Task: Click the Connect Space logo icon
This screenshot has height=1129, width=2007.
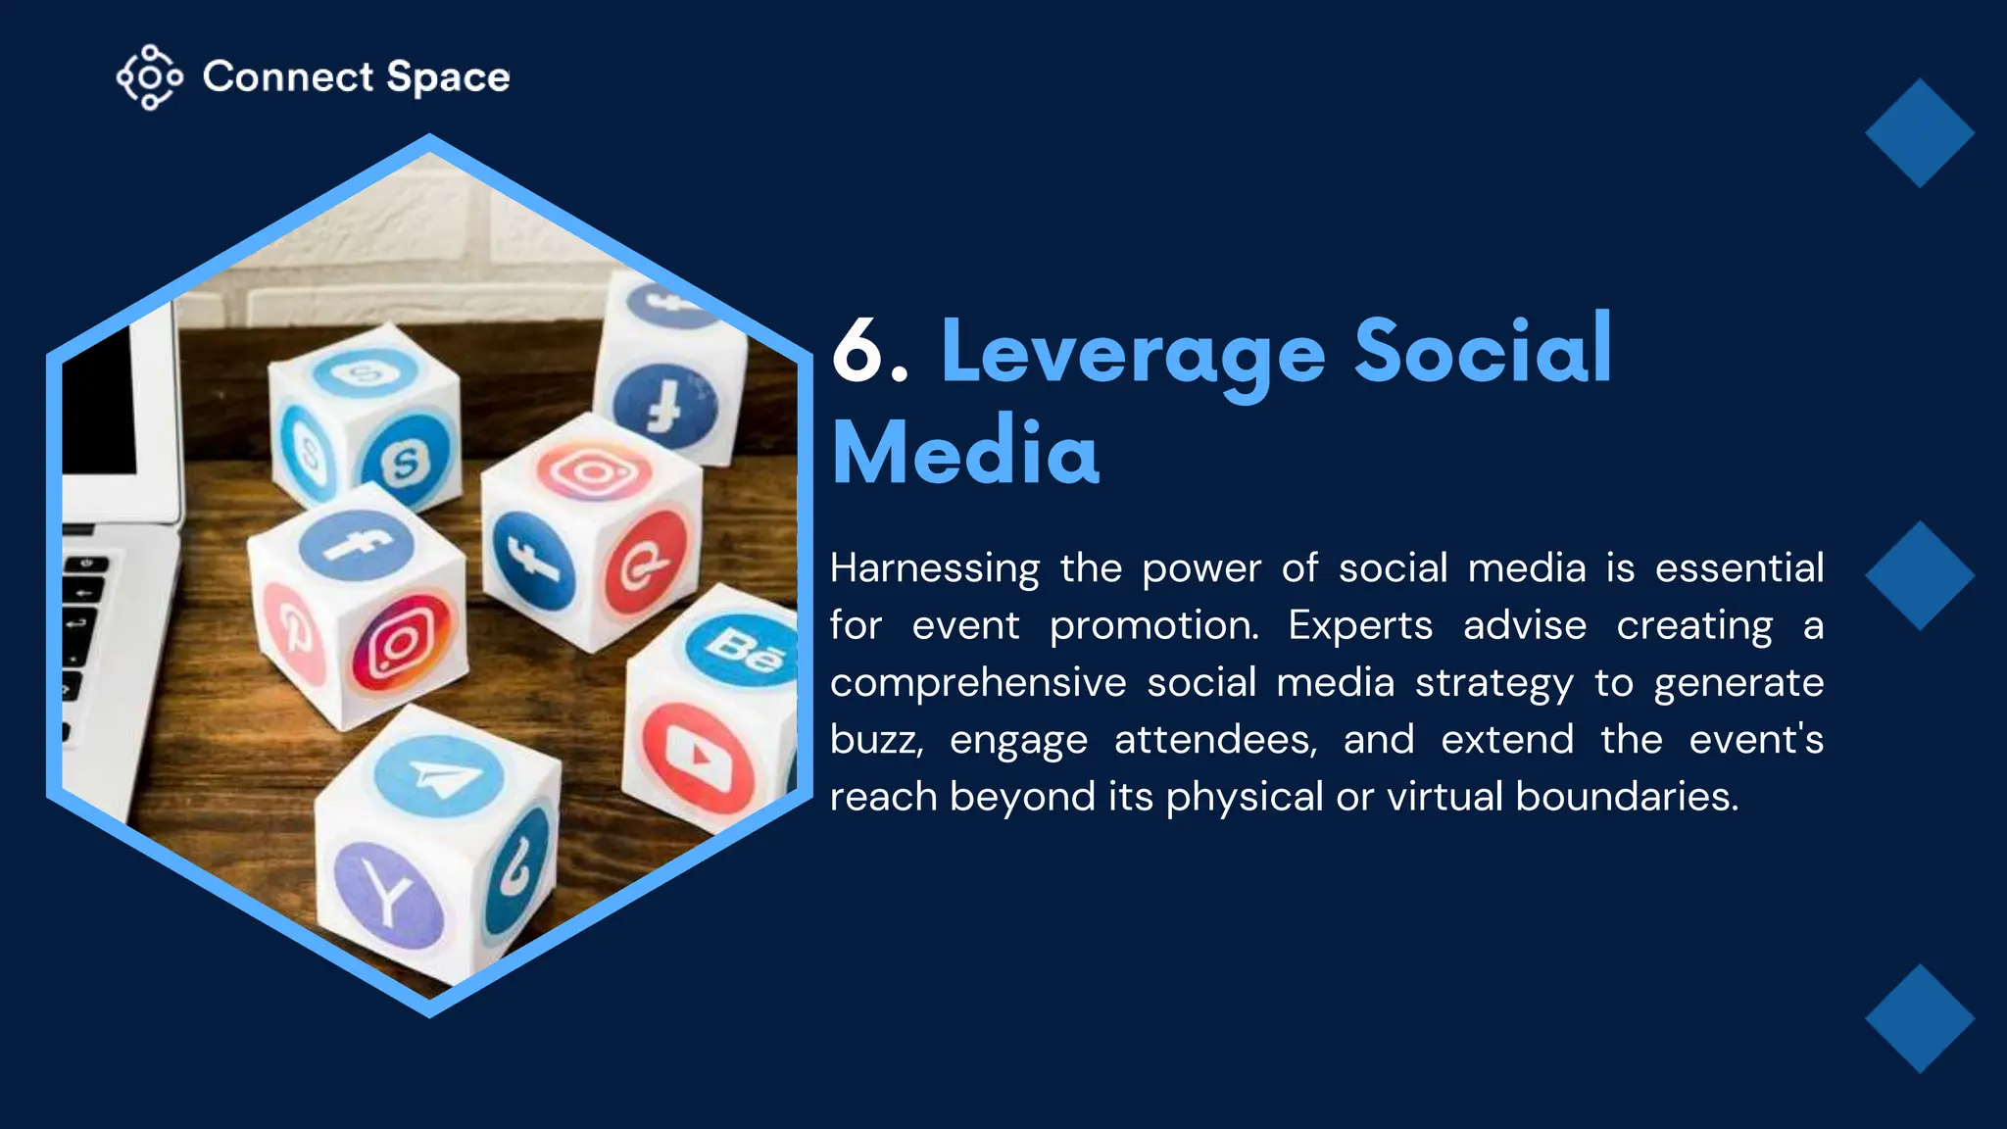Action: [x=149, y=76]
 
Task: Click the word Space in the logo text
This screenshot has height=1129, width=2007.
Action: [x=448, y=77]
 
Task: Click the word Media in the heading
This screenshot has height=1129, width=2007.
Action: [x=965, y=453]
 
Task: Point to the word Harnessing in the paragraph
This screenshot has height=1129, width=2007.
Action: [x=935, y=569]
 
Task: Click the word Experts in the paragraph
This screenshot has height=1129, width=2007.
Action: [x=1360, y=626]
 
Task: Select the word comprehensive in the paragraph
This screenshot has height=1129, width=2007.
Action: [x=978, y=683]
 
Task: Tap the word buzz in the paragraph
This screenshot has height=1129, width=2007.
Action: [x=876, y=740]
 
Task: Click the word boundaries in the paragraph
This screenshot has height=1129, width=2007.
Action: [x=1627, y=797]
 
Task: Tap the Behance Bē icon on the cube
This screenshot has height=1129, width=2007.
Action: [x=742, y=647]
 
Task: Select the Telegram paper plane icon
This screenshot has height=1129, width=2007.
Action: [x=439, y=776]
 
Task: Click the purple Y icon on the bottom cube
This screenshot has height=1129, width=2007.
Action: [x=388, y=894]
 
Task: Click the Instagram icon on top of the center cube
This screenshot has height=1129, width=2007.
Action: [x=594, y=471]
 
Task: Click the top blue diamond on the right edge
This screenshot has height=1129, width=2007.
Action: [x=1919, y=133]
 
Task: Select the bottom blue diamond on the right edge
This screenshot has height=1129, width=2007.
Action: [x=1919, y=1018]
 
